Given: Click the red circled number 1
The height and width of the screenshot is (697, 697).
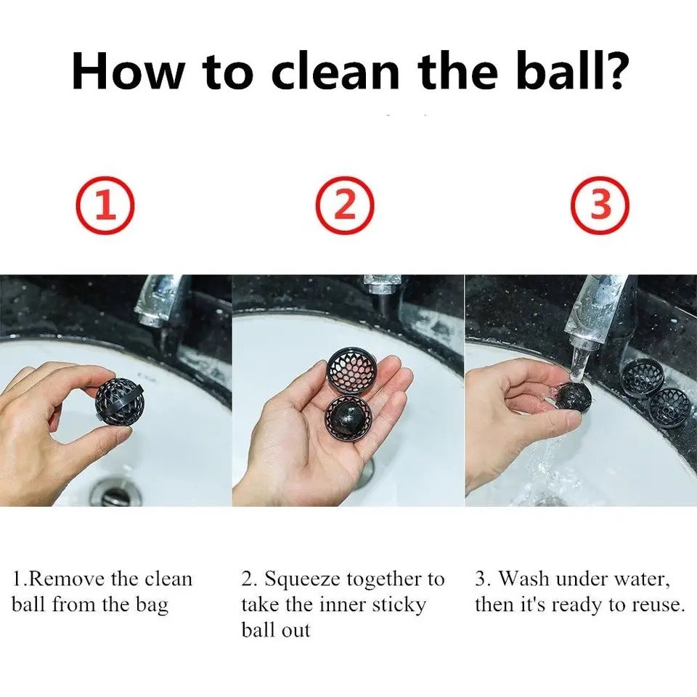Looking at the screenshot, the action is click(x=105, y=205).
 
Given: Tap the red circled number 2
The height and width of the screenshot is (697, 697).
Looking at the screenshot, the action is click(x=345, y=205).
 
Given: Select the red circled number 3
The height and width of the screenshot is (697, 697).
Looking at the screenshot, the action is click(x=600, y=205).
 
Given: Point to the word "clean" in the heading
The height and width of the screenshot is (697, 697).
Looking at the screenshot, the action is click(x=335, y=71).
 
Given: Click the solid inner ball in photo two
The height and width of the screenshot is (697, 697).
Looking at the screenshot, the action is click(x=347, y=419).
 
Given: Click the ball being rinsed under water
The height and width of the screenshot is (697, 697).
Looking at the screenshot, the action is click(x=574, y=396).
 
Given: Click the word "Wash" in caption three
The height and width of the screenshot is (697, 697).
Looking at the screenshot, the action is click(x=524, y=579).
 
